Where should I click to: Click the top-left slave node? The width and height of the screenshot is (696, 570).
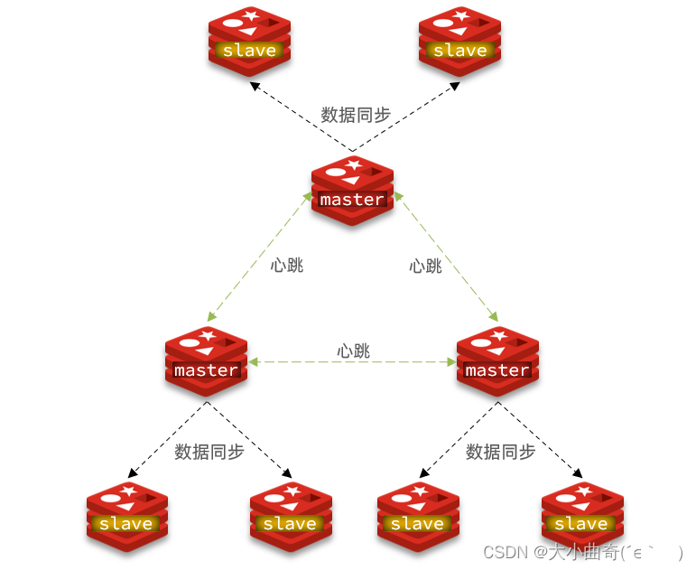[249, 42]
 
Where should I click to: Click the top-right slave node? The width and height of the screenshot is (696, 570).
[460, 42]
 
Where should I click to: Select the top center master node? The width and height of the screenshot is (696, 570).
[352, 191]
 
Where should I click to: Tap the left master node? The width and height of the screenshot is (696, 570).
[206, 361]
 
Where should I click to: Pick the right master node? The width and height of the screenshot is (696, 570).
[497, 361]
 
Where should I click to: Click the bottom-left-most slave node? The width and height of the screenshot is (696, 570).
[126, 516]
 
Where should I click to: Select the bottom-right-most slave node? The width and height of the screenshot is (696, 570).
[581, 516]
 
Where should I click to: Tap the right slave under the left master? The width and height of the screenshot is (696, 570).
[290, 516]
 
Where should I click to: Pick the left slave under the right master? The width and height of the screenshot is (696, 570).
[417, 516]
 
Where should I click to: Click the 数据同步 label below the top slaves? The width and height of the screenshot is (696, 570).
[356, 115]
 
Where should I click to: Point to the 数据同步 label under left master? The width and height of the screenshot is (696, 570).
[209, 452]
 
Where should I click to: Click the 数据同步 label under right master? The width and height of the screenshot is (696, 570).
[500, 452]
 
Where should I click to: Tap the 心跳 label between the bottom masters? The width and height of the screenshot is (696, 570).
[353, 350]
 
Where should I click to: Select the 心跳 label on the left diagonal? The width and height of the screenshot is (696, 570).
[287, 265]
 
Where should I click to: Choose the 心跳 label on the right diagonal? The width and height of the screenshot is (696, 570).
[425, 266]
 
